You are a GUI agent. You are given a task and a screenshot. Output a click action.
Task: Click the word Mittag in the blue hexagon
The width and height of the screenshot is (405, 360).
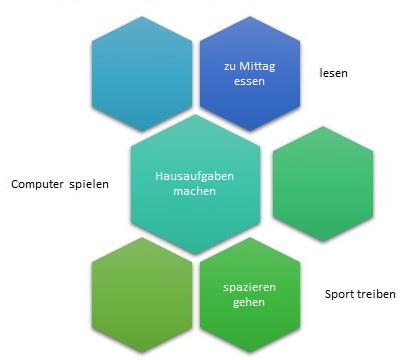pyautogui.click(x=257, y=67)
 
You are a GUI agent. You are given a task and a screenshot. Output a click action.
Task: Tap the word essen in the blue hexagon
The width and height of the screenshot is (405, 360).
pyautogui.click(x=249, y=81)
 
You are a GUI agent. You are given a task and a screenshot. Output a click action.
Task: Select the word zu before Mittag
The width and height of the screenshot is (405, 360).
pyautogui.click(x=230, y=67)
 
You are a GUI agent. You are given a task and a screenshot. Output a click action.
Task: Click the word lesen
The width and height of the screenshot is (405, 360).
pyautogui.click(x=333, y=73)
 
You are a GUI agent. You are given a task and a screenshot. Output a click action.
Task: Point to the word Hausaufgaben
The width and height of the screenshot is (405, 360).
pyautogui.click(x=194, y=176)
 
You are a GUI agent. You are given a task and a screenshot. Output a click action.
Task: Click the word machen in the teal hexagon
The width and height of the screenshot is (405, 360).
pyautogui.click(x=195, y=191)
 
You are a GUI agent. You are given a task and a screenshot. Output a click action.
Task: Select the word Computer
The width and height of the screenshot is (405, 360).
pyautogui.click(x=37, y=184)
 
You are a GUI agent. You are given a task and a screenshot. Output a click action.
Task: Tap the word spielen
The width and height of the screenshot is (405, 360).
pyautogui.click(x=89, y=184)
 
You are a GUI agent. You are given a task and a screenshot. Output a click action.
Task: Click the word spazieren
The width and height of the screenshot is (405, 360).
pyautogui.click(x=249, y=287)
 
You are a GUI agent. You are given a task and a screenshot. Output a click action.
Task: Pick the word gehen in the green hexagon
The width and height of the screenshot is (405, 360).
pyautogui.click(x=249, y=303)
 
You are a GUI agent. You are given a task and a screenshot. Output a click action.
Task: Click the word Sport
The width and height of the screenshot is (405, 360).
pyautogui.click(x=339, y=294)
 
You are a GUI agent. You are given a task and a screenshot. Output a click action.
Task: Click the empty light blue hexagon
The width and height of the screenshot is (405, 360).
pyautogui.click(x=142, y=74)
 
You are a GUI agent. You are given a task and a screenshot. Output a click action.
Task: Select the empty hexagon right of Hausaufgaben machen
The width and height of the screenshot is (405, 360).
pyautogui.click(x=323, y=184)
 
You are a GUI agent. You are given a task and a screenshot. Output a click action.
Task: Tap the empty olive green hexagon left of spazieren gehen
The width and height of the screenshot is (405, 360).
pyautogui.click(x=142, y=295)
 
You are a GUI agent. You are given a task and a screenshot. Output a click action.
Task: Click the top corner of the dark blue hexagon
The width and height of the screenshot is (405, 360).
pyautogui.click(x=250, y=16)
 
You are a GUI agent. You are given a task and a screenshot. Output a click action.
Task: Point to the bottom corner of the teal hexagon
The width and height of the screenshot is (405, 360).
pyautogui.click(x=195, y=254)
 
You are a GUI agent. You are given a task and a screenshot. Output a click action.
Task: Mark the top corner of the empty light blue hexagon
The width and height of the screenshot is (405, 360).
pyautogui.click(x=142, y=16)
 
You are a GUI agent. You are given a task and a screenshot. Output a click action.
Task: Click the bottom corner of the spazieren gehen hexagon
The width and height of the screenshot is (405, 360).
pyautogui.click(x=250, y=352)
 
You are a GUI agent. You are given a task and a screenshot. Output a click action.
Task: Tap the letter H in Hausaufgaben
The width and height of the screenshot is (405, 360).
pyautogui.click(x=159, y=176)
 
